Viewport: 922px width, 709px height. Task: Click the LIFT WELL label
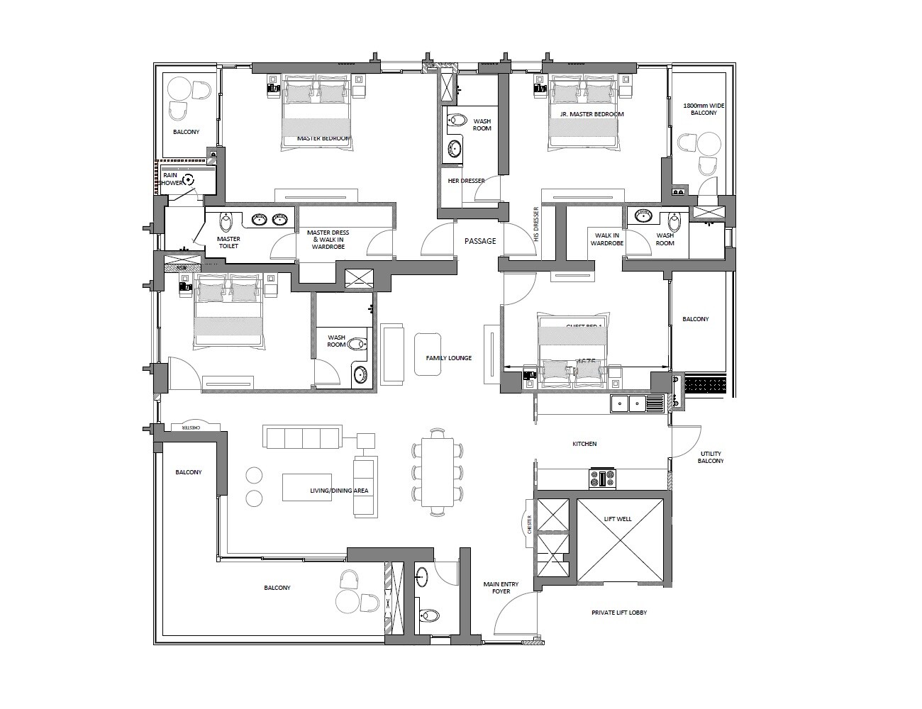(x=618, y=519)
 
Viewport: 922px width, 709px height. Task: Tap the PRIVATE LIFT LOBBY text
(x=619, y=613)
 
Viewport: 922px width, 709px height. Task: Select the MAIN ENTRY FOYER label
(x=501, y=588)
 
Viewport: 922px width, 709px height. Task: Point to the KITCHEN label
(x=584, y=444)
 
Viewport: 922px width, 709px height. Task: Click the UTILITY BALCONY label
(x=711, y=457)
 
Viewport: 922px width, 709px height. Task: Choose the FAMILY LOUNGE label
(x=448, y=358)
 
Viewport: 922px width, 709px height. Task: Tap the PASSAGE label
(x=480, y=241)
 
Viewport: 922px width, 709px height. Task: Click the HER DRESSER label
(x=466, y=181)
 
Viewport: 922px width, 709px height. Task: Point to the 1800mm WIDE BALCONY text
(x=699, y=109)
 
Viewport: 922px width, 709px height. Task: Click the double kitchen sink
(x=637, y=404)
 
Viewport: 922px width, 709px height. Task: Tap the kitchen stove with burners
(x=602, y=479)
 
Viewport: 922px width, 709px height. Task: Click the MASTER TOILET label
(x=228, y=242)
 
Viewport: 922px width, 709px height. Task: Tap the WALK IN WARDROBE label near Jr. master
(x=608, y=239)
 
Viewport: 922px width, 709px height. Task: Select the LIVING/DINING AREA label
(x=338, y=491)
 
